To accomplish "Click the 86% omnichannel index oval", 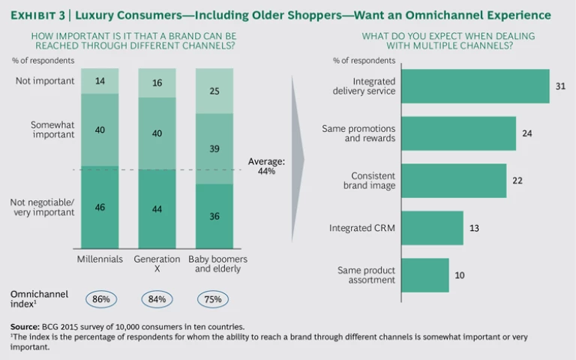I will tap(101, 298).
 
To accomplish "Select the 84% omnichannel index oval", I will tap(157, 298).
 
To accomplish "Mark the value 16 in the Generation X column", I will tap(157, 83).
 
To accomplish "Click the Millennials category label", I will tap(101, 259).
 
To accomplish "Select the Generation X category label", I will tap(157, 264).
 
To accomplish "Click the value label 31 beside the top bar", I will tap(561, 86).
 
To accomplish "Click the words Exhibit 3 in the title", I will tap(39, 15).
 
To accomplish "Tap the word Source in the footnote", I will tap(24, 326).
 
